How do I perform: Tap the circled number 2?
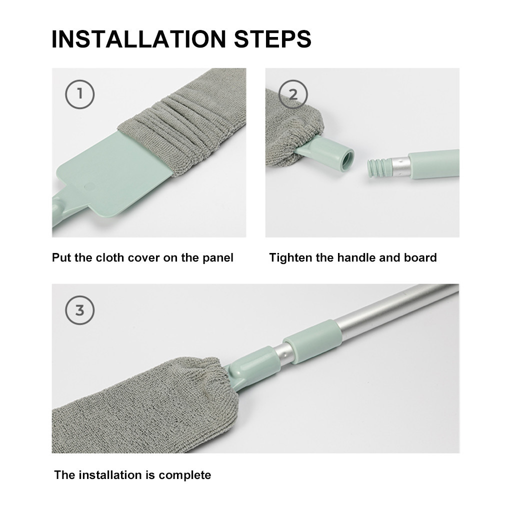(x=293, y=93)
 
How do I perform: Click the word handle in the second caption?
(x=356, y=258)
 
